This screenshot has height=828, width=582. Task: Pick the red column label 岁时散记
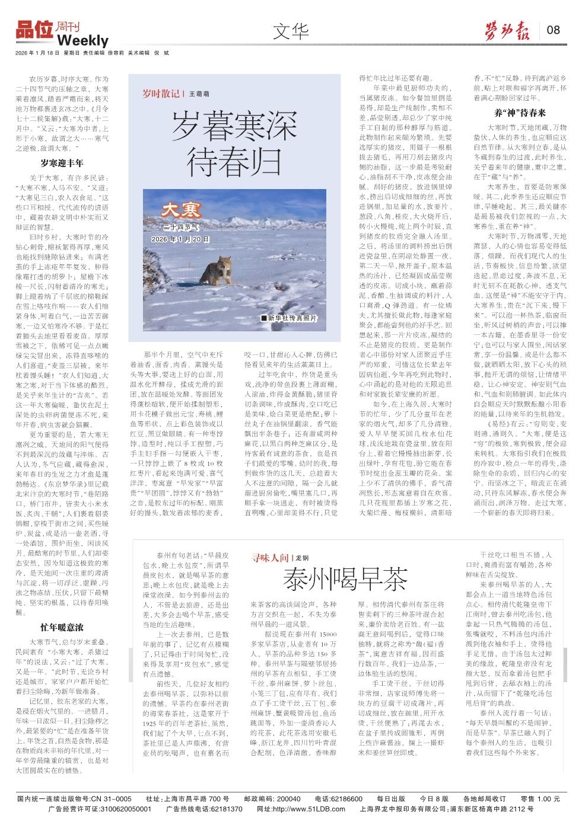click(160, 94)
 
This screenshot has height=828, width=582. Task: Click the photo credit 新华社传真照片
click(292, 318)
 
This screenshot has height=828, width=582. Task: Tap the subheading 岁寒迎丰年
click(62, 162)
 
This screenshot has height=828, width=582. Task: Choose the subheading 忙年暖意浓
click(62, 627)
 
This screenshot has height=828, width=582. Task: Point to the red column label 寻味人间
click(270, 558)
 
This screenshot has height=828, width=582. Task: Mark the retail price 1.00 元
click(547, 798)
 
